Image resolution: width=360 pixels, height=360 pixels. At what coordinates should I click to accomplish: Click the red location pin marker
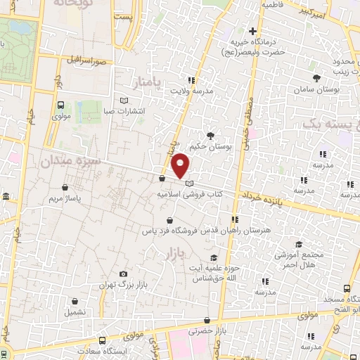[x=181, y=166]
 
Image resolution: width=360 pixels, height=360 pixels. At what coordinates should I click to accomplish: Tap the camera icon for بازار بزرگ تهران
[x=124, y=274]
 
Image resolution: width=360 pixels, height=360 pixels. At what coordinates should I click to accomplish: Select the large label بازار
[x=171, y=251]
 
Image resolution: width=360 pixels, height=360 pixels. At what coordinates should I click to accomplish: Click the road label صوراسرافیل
[x=88, y=61]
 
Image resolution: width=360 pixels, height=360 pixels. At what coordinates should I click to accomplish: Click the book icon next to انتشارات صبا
[x=124, y=101]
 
